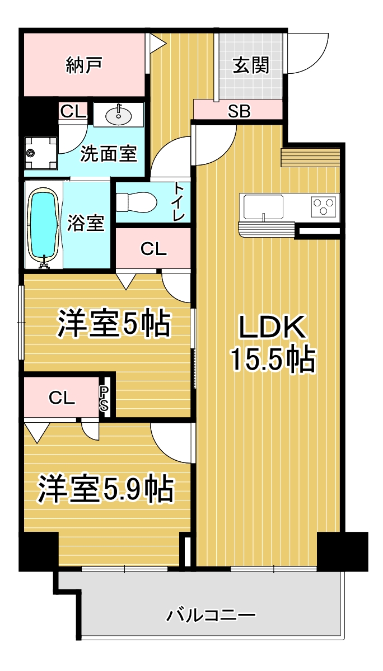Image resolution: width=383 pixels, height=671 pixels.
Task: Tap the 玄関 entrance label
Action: [251, 65]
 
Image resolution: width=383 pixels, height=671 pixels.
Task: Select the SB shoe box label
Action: [239, 111]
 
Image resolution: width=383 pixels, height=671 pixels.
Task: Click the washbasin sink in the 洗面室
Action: [118, 116]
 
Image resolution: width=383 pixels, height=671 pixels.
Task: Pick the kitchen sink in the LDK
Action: [262, 206]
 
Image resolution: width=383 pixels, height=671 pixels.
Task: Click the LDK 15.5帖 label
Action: [273, 343]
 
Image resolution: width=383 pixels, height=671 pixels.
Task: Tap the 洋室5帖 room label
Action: [113, 323]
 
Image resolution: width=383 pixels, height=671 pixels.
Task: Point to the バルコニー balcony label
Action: [211, 616]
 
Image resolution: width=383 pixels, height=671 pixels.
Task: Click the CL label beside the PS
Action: [62, 398]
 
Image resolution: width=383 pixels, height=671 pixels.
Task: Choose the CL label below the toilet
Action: [153, 249]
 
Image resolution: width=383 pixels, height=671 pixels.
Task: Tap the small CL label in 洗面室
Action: [73, 111]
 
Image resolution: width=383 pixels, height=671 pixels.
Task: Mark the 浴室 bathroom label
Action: [86, 223]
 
